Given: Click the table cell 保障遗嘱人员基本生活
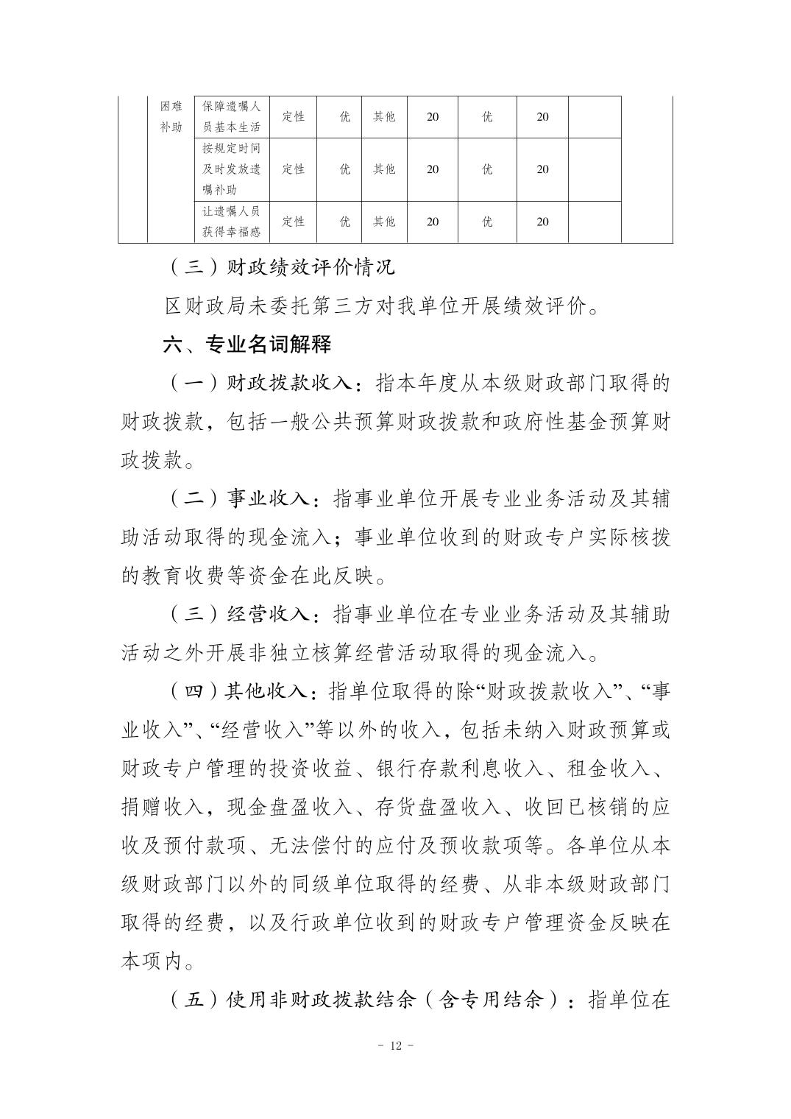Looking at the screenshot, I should (231, 116).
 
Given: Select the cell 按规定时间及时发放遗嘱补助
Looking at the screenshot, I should (231, 169).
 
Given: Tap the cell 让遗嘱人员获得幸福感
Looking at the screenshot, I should (231, 222).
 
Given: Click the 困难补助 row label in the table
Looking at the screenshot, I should (171, 116).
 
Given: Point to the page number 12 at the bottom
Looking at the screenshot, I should (396, 1047).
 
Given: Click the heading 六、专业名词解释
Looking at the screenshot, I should (247, 344).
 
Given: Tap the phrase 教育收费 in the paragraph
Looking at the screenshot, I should (195, 576).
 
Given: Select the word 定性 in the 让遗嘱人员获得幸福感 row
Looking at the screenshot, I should (293, 222).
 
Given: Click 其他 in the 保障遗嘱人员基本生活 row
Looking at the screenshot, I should (383, 116).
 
